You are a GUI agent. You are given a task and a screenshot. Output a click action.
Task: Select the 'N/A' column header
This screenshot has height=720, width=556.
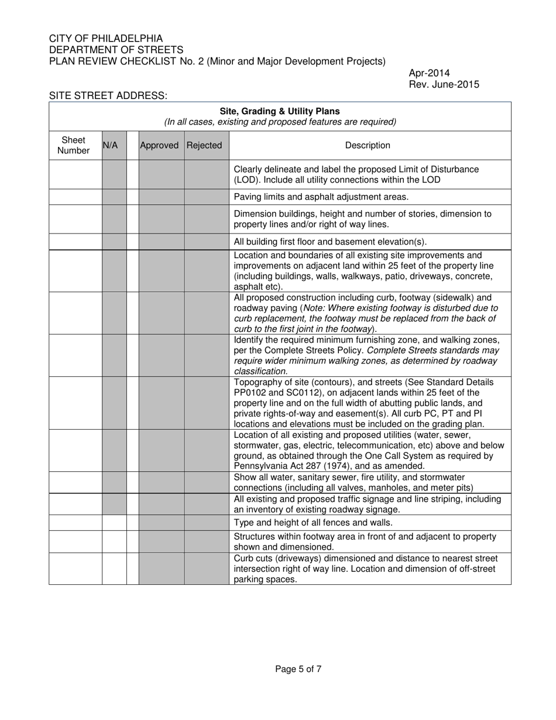[x=111, y=145]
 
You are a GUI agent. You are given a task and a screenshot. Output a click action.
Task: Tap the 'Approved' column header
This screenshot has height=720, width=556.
[x=159, y=145]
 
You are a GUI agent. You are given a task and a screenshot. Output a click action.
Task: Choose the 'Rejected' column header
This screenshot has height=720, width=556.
[x=204, y=145]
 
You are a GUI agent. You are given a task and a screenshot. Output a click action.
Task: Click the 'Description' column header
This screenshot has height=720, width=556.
[x=368, y=145]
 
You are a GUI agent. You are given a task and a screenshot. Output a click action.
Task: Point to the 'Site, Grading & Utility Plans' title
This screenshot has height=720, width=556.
[x=280, y=111]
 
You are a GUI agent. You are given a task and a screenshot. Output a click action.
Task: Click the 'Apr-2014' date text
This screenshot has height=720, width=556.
[x=429, y=73]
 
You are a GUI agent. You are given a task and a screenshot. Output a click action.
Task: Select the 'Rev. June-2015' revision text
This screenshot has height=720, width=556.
[x=444, y=84]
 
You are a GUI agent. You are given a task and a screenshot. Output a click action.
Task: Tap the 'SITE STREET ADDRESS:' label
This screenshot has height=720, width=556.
[x=108, y=95]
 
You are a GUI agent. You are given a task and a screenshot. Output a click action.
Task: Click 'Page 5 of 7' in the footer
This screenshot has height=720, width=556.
[x=298, y=669]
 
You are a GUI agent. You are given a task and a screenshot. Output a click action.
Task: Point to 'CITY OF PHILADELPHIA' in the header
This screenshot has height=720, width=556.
[x=106, y=39]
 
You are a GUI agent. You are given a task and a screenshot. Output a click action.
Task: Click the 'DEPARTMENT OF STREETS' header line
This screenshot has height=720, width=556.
[x=116, y=50]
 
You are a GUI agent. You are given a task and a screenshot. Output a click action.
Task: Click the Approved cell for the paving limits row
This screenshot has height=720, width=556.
[x=161, y=197]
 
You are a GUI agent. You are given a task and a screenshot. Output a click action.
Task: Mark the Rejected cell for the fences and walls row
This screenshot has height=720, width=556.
[x=206, y=523]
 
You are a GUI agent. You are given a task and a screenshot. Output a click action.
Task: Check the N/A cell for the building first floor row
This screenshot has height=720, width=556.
[x=114, y=242]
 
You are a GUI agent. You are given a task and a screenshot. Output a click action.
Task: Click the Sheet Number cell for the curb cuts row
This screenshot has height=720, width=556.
[x=75, y=568]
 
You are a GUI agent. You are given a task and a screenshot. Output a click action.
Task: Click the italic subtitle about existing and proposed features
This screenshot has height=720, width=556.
[x=280, y=122]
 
